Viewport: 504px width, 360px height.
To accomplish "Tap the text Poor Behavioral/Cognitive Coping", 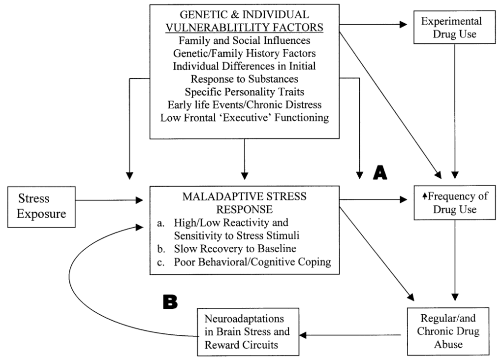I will click(x=251, y=262).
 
